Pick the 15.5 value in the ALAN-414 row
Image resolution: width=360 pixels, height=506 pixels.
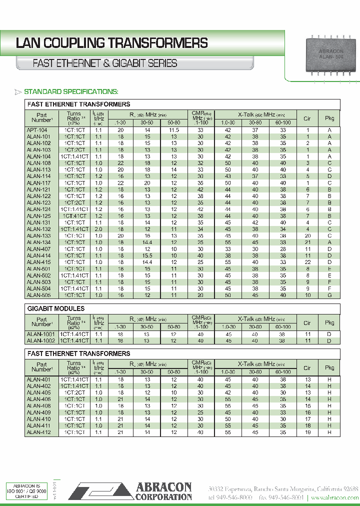point(147,255)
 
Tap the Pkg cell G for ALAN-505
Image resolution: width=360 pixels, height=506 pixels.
point(329,295)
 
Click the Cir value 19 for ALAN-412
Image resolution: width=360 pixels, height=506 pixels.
point(307,431)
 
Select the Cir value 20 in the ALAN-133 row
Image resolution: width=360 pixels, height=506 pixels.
point(307,235)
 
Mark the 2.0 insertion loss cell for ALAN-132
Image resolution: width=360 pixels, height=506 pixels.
point(98,229)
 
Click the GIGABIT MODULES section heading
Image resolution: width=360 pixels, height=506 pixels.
point(55,308)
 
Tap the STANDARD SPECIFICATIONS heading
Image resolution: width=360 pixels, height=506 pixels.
point(71,91)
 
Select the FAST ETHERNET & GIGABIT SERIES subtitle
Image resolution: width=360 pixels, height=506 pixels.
point(104,63)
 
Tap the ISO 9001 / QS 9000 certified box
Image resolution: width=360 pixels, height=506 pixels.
point(27,490)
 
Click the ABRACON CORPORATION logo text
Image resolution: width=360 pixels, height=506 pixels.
point(163,491)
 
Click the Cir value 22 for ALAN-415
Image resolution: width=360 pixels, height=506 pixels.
point(307,261)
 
